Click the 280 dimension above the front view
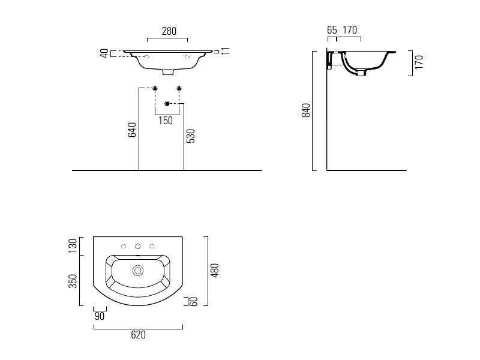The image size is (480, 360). click(169, 31)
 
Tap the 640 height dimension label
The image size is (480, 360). click(132, 130)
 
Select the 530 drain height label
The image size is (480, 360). click(191, 136)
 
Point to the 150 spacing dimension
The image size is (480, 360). click(166, 121)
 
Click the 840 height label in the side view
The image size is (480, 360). click(306, 110)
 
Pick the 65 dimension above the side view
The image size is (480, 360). click(332, 30)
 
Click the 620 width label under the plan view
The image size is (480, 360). click(139, 335)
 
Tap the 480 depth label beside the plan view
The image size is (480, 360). click(215, 271)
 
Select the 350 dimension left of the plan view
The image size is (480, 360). click(73, 281)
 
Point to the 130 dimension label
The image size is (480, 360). click(73, 246)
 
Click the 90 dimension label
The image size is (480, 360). click(100, 316)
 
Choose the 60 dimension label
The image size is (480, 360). click(194, 302)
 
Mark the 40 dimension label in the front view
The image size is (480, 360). click(104, 53)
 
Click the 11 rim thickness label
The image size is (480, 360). click(226, 51)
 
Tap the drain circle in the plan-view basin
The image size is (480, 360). click(138, 271)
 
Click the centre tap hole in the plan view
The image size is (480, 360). click(138, 246)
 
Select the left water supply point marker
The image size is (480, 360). click(155, 88)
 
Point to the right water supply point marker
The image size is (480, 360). click(179, 88)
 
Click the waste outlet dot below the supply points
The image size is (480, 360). click(167, 104)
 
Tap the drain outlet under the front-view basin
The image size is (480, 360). click(168, 72)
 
